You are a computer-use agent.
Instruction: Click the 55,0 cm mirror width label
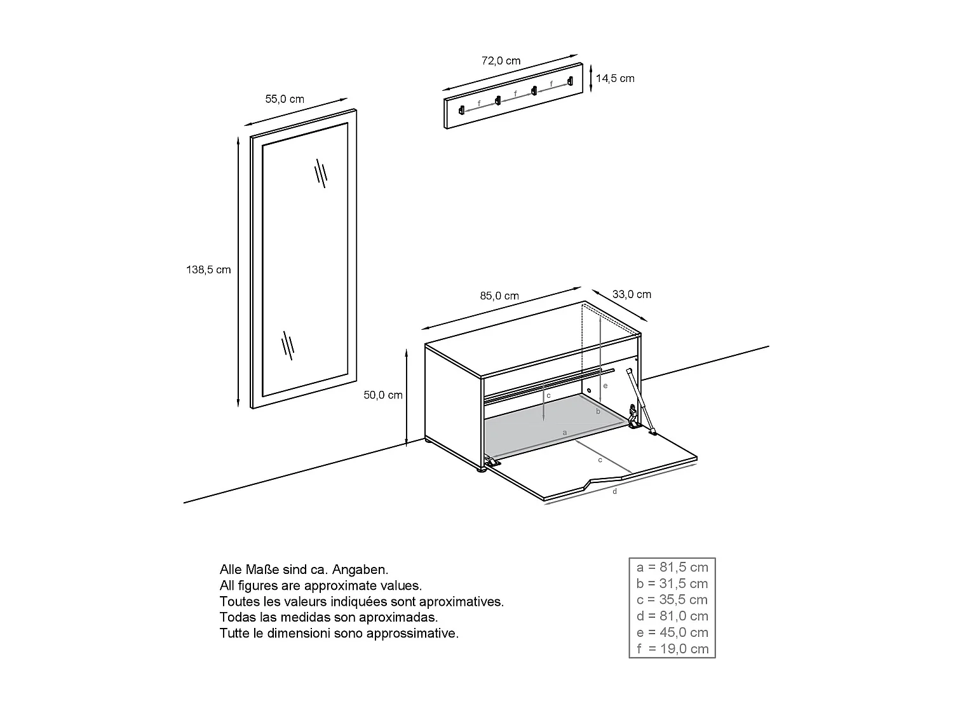click(x=284, y=99)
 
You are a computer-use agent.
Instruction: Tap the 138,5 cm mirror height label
click(x=208, y=269)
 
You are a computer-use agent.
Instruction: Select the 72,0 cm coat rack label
click(x=501, y=61)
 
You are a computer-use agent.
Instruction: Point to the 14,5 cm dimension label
click(x=615, y=79)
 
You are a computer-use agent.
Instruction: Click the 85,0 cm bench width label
click(x=499, y=296)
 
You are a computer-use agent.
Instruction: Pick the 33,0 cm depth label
click(x=632, y=294)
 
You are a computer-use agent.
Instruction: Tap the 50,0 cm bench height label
click(x=383, y=395)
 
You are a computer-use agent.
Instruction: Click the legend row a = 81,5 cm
click(x=672, y=567)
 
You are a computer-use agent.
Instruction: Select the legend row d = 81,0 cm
click(x=672, y=616)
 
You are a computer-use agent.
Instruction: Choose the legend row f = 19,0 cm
click(x=672, y=649)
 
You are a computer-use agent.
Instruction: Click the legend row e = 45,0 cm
click(x=672, y=632)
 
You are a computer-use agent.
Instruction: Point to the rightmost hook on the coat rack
click(x=570, y=81)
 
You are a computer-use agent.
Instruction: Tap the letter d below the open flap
click(x=614, y=491)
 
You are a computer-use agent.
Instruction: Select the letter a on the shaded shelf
click(x=565, y=432)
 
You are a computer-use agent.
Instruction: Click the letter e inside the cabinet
click(x=605, y=385)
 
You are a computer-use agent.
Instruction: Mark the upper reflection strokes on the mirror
click(x=321, y=173)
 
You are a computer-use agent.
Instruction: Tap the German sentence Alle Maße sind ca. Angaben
click(x=304, y=569)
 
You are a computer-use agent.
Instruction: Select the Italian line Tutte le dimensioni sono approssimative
click(x=339, y=633)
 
